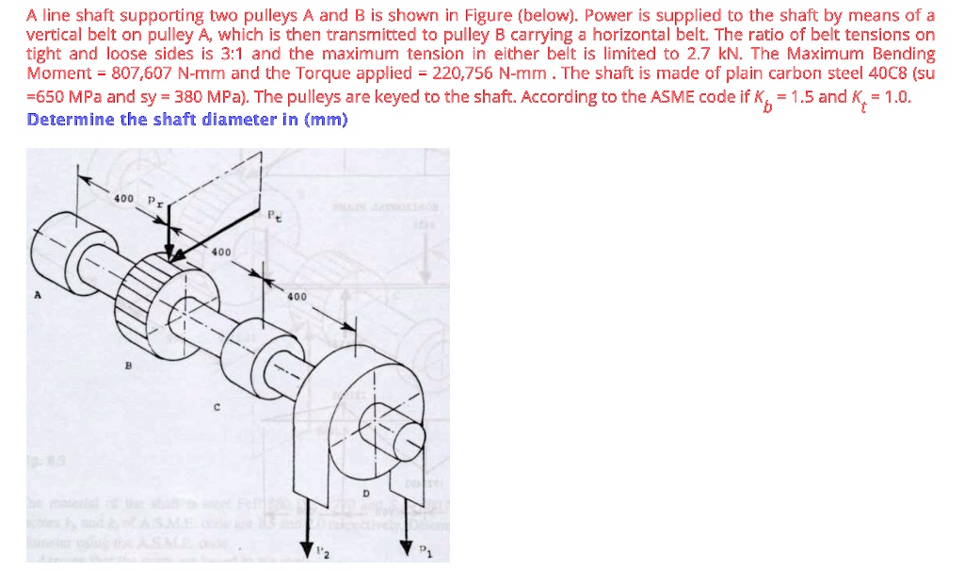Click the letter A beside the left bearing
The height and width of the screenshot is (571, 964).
coord(39,294)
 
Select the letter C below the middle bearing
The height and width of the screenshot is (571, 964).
coord(217,408)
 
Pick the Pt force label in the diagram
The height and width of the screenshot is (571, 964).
coord(273,215)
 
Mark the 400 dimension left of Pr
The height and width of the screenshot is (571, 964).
coord(123,199)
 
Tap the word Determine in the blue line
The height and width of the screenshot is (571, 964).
coord(71,119)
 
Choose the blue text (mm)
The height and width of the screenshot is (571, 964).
coord(329,119)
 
